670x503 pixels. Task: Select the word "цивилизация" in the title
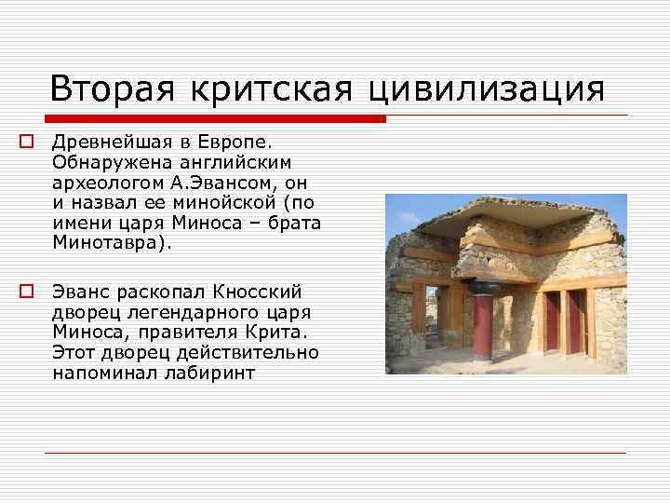tap(487, 89)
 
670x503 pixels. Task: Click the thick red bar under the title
tap(214, 119)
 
